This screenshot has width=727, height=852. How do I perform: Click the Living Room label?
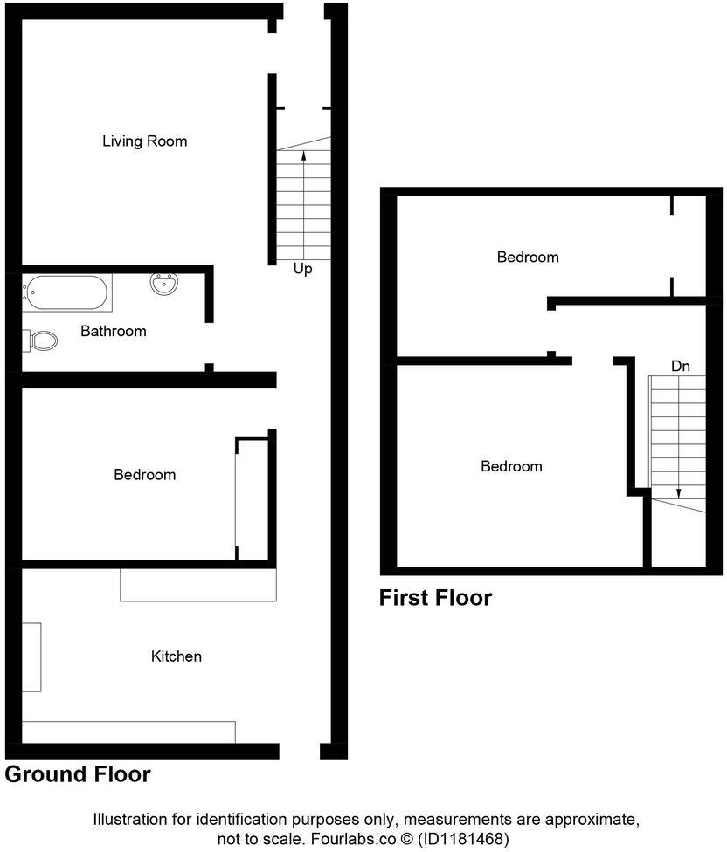144,141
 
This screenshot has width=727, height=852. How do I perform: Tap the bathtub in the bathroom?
67,292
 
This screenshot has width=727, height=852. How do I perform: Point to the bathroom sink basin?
164,284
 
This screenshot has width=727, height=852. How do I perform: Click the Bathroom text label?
113,332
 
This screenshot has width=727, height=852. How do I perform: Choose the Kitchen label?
176,656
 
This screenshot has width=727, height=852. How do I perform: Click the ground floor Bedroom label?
144,475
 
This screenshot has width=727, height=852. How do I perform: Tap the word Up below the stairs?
302,270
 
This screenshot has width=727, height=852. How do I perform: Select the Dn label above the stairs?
680,367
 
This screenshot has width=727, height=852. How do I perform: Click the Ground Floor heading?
78,774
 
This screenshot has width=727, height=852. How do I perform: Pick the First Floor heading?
435,598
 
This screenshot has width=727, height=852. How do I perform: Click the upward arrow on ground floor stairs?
303,157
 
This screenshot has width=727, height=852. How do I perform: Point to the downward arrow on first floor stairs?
679,490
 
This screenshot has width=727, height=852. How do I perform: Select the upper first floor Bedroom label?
527,258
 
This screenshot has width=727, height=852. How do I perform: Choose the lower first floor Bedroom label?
511,467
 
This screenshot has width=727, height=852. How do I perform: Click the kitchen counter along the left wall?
31,656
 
